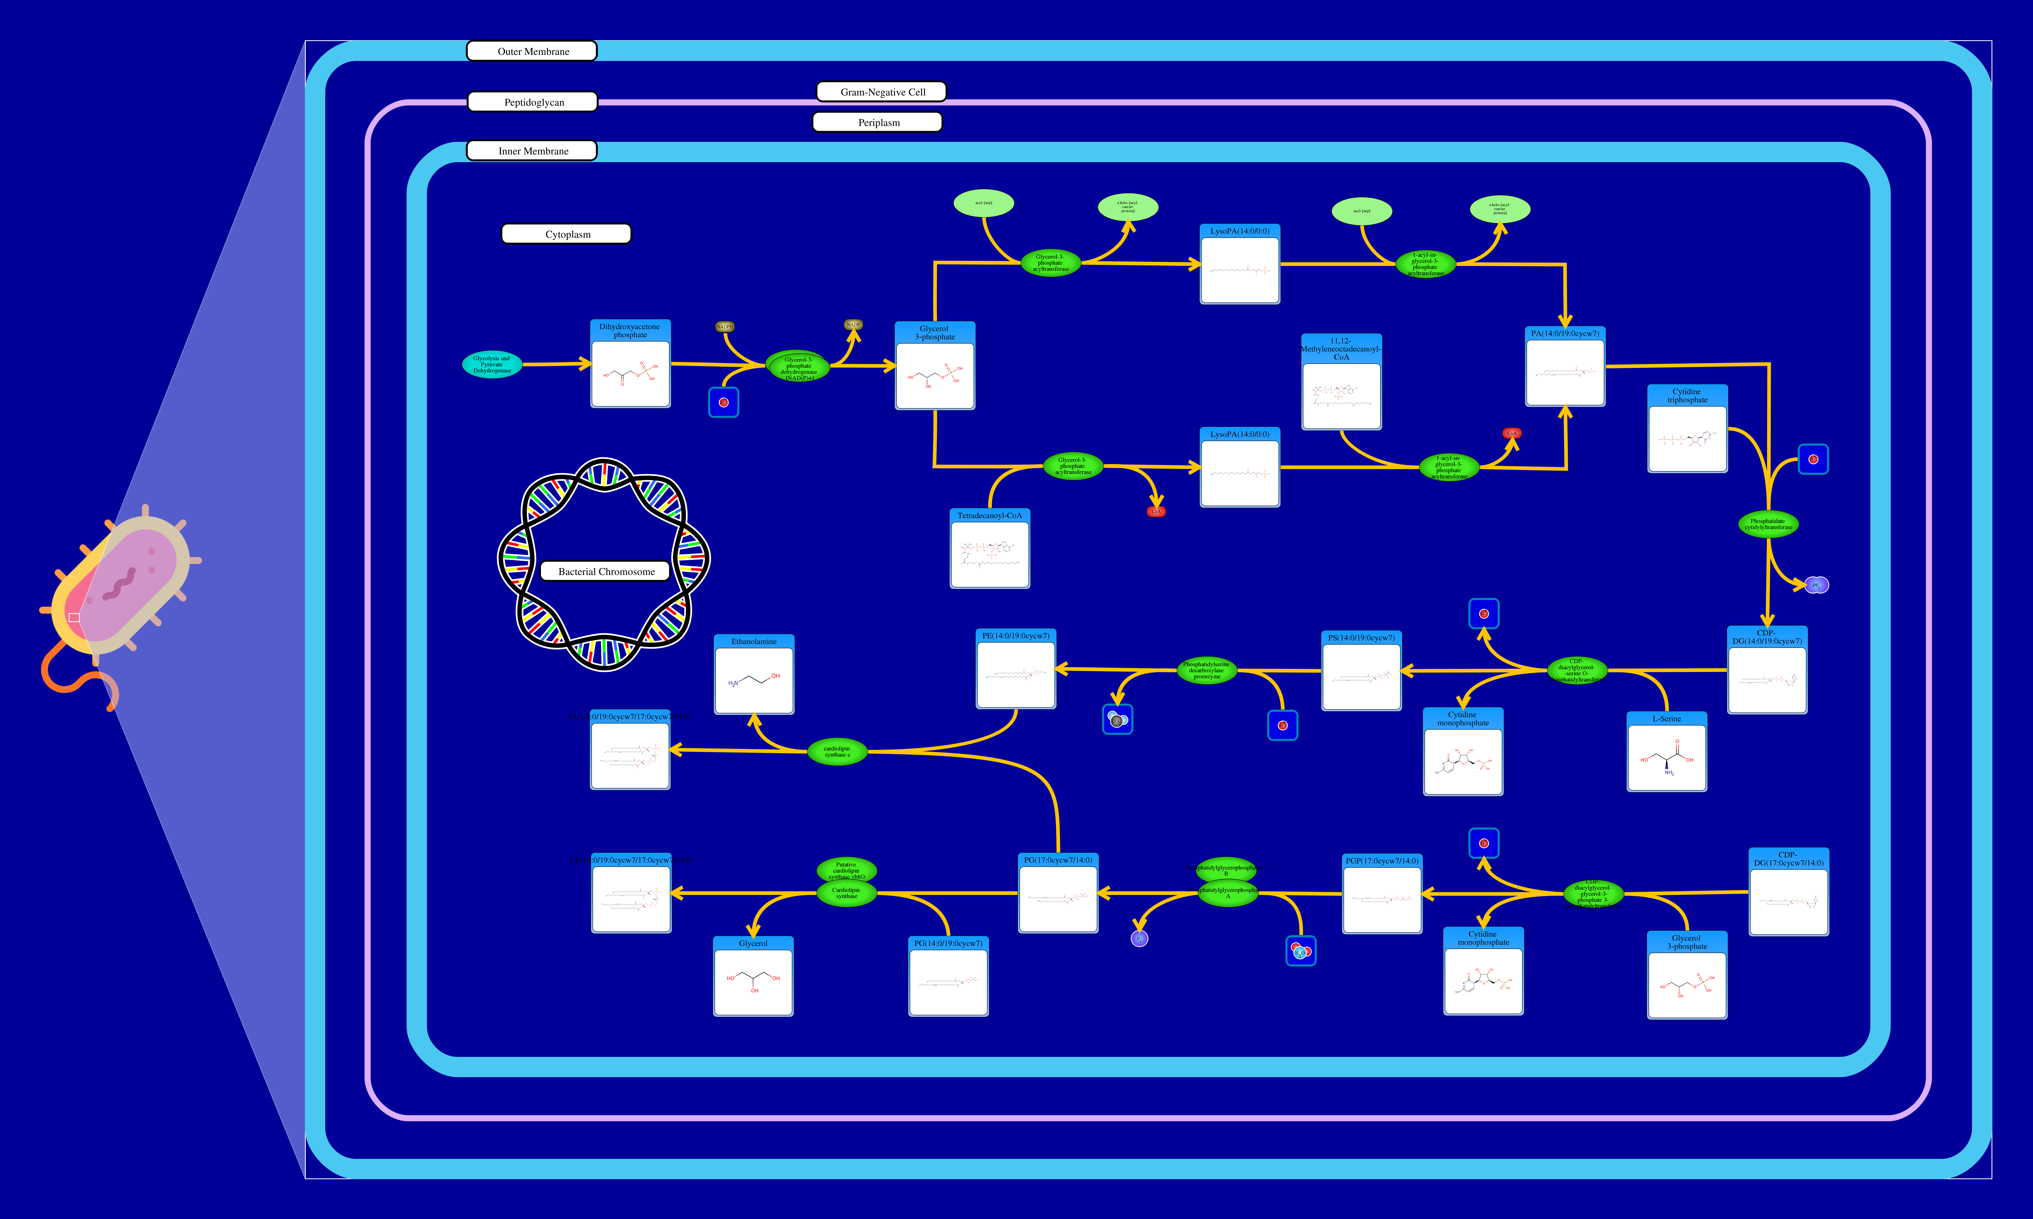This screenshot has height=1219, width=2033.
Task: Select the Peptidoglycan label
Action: coord(532,102)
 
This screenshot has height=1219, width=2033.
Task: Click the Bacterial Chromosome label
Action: coord(606,571)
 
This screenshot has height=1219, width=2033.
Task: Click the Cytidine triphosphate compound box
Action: coord(1687,429)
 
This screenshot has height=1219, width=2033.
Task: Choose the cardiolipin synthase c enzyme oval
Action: coord(837,751)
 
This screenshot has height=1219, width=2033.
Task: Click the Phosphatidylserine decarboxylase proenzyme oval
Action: coord(1206,670)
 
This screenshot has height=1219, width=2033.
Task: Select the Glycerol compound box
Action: coord(754,977)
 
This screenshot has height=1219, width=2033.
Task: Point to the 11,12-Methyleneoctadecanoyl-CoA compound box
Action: coord(1341,382)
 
